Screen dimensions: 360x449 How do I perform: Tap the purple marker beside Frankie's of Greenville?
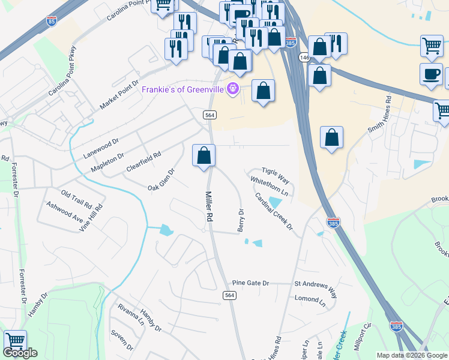tap(232, 89)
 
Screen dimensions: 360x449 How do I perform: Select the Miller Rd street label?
tap(209, 207)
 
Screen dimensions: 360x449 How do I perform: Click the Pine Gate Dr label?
tap(251, 283)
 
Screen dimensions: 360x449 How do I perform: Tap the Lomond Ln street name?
tap(310, 298)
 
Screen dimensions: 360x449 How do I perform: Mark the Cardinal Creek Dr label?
tap(273, 212)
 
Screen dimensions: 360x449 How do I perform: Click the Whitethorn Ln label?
tap(270, 187)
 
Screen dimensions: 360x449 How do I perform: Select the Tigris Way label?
tap(276, 176)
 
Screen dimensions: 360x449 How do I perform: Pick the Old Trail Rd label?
tap(76, 198)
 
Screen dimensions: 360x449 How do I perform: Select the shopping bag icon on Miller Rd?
tap(204, 155)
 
